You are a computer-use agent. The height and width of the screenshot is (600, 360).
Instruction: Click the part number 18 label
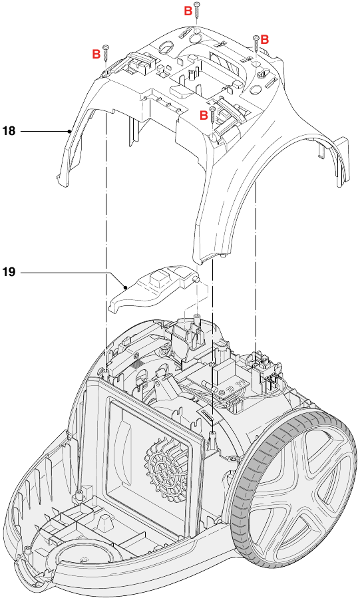coord(9,132)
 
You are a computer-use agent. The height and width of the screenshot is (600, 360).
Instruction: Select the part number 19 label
coord(9,272)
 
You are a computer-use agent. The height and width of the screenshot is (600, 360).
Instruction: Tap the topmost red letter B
coord(188,11)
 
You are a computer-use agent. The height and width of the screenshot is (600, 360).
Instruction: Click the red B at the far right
coord(264,40)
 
